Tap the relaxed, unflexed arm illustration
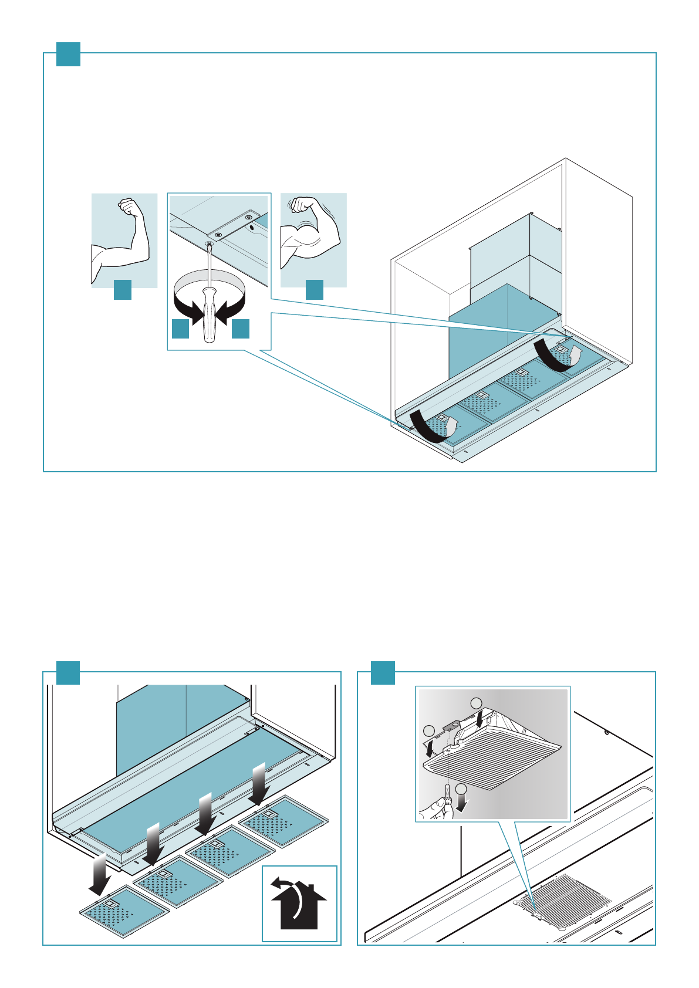pos(124,241)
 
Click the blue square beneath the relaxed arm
pos(122,290)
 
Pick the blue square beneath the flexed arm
pos(315,290)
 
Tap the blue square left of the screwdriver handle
pos(180,329)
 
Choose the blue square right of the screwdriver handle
pos(241,329)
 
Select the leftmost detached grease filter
pos(124,911)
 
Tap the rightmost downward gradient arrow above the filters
pos(259,783)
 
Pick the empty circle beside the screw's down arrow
pos(462,790)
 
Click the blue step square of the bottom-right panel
pos(383,672)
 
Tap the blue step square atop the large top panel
pos(68,54)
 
